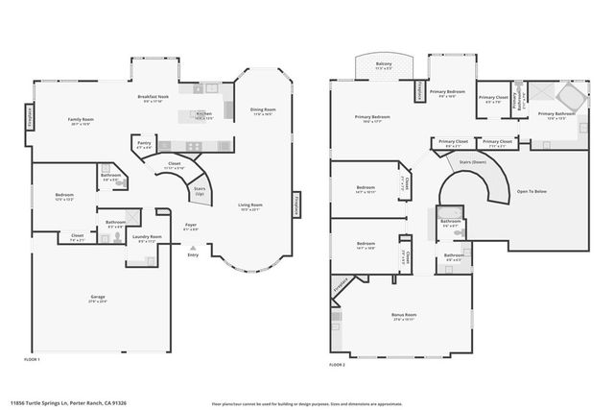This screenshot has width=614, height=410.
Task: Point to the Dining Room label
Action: tap(263, 111)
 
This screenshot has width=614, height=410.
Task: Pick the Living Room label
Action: tap(250, 205)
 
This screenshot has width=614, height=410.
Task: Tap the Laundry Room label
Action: tap(147, 238)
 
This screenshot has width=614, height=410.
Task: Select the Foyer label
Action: tap(191, 227)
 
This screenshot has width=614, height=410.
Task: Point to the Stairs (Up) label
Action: tap(200, 191)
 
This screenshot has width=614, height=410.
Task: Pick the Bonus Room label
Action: tap(404, 315)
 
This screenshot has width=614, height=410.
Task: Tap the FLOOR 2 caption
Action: tap(337, 365)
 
